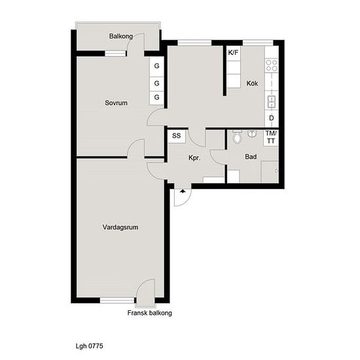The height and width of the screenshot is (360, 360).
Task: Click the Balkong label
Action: [x=121, y=36]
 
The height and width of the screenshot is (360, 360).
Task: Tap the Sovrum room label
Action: [x=116, y=103]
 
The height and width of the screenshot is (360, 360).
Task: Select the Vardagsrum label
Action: [x=120, y=227]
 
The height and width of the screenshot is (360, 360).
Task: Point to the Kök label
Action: [x=252, y=83]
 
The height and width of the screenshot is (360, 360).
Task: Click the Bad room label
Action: [x=251, y=157]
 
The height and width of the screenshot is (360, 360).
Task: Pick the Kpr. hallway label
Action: [x=194, y=158]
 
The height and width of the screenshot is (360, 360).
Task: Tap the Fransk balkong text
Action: [x=150, y=313]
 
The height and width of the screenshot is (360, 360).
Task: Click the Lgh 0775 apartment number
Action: [x=89, y=346]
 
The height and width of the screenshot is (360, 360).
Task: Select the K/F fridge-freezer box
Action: [x=233, y=53]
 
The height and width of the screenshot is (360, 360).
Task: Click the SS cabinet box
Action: [x=176, y=136]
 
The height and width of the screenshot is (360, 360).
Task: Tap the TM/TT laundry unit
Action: [x=271, y=137]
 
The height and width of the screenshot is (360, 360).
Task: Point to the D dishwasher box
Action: [x=272, y=118]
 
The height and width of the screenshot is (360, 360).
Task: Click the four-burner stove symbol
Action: [x=272, y=65]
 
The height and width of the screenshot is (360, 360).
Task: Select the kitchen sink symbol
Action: [x=272, y=102]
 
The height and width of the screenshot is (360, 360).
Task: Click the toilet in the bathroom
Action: [x=237, y=137]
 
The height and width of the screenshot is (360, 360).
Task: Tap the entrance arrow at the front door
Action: [x=183, y=191]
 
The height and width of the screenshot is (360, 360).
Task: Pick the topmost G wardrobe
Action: [x=156, y=67]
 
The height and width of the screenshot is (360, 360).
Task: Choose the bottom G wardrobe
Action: [x=156, y=98]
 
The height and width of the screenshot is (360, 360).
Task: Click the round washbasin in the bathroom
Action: [x=252, y=134]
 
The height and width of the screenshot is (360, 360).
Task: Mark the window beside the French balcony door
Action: [x=117, y=300]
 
